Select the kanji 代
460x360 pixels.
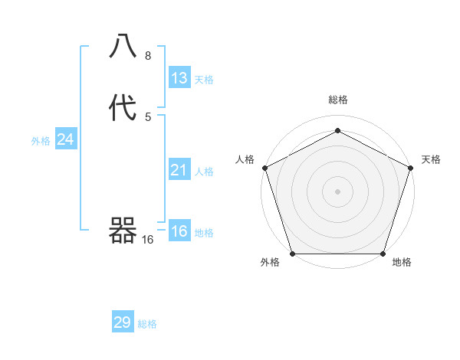click(123, 109)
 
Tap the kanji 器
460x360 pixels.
click(123, 230)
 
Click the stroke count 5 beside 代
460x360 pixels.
click(148, 116)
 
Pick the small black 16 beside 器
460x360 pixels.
click(148, 240)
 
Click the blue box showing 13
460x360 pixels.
click(179, 78)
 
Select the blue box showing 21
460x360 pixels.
click(179, 170)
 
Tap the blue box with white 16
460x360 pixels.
click(179, 231)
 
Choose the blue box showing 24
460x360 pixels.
click(65, 139)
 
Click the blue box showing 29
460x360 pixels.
click(123, 322)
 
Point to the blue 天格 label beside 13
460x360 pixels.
click(204, 80)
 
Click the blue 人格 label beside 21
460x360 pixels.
click(204, 172)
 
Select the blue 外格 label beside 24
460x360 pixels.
click(41, 141)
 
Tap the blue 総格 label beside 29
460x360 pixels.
click(147, 324)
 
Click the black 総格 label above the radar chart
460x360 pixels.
click(338, 100)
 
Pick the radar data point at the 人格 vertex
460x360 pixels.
click(264, 168)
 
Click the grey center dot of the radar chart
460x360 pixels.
click(337, 191)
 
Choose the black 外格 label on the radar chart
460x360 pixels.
click(270, 263)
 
